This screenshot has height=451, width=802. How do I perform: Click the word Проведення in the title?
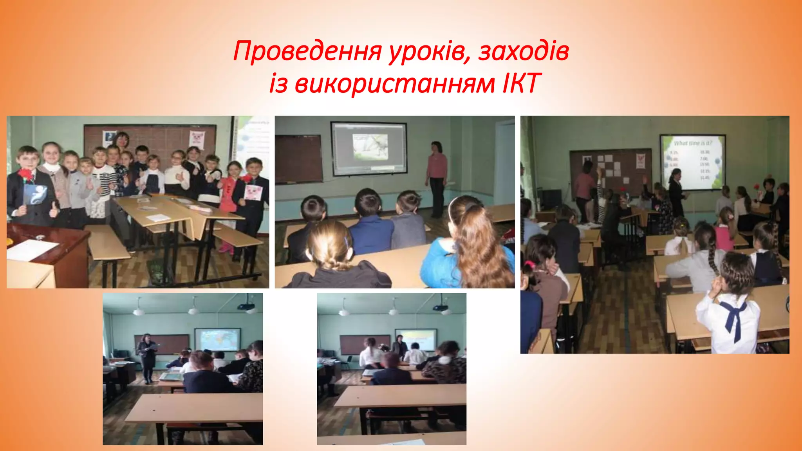(307, 52)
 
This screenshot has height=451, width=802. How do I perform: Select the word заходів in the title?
(523, 52)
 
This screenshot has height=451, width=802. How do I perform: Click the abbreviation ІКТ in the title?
(521, 83)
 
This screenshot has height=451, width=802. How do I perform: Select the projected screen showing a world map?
(217, 340)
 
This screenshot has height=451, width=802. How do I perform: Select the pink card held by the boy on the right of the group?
(253, 192)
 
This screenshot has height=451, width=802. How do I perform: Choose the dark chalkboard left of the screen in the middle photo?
(298, 159)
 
